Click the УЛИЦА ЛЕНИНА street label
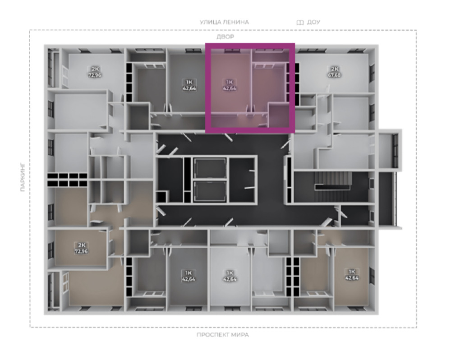(x=224, y=22)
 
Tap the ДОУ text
(x=313, y=22)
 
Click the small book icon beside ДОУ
(x=300, y=23)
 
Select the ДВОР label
(x=225, y=37)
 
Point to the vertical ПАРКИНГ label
(x=23, y=178)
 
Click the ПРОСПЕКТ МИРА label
(x=223, y=335)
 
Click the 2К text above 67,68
(x=335, y=69)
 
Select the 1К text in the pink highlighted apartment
(x=230, y=82)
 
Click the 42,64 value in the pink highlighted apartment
(x=230, y=88)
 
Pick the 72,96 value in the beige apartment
(x=82, y=251)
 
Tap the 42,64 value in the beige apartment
(x=352, y=278)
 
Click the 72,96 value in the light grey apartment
(x=95, y=75)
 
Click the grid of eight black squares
(x=67, y=180)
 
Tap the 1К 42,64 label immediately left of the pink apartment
(x=189, y=85)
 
